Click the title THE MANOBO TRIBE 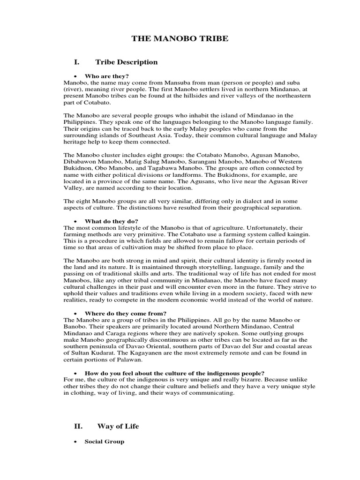[180, 38]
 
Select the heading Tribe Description [127, 62]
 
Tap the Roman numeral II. [78, 426]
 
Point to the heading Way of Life [118, 426]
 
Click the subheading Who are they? [106, 76]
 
